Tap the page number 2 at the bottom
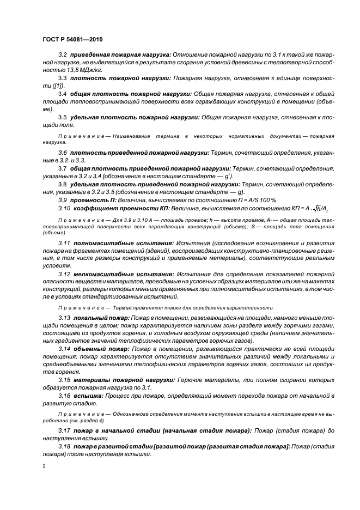pyautogui.click(x=44, y=466)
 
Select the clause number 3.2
pyautogui.click(x=63, y=55)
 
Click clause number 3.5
pyautogui.click(x=63, y=117)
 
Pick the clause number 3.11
pyautogui.click(x=64, y=241)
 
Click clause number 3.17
pyautogui.click(x=64, y=430)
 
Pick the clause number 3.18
pyautogui.click(x=64, y=446)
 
